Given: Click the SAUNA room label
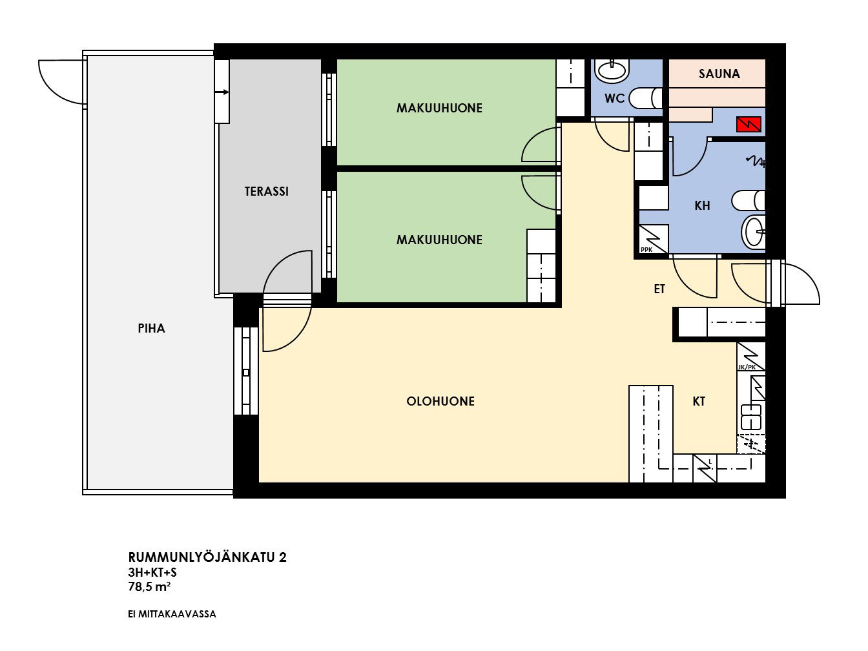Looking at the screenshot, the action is point(719,74).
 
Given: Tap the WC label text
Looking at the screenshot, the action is point(614,98).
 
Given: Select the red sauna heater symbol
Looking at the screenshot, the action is point(748,124).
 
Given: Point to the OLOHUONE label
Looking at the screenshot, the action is point(440,401).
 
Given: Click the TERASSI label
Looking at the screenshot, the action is point(266,191).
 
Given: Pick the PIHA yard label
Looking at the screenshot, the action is point(151,328).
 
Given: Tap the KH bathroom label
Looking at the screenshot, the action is point(702,205).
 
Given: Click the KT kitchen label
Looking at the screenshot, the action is point(698,401).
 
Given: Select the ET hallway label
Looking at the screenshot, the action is point(659,289).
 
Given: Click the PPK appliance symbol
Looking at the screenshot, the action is point(654,239).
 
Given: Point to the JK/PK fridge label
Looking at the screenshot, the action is point(746,367).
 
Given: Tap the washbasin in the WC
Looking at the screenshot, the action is point(612,71).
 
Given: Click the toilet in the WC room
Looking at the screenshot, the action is point(645,98).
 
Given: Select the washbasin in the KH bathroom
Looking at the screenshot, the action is point(753,232).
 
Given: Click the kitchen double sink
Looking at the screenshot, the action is point(750,417).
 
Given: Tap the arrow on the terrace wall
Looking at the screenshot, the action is point(222,92).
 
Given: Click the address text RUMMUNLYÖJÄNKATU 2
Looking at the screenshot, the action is point(207,557).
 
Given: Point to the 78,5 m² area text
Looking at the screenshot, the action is point(149,586).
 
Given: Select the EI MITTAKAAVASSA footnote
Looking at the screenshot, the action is point(172,614).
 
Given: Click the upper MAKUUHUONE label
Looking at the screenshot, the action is point(439,108).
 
